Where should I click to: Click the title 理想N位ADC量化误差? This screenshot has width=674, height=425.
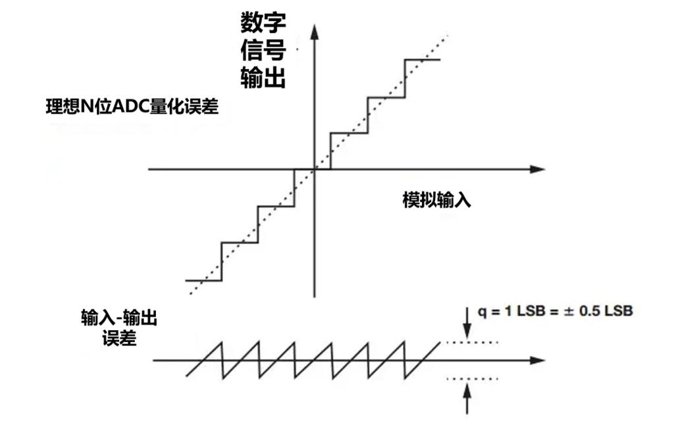[132, 107]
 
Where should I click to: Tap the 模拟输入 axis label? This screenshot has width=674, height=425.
[437, 200]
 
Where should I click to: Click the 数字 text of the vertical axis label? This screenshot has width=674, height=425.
[263, 22]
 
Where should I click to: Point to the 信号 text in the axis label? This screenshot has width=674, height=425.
[263, 50]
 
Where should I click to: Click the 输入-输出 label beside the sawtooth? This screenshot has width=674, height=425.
[119, 318]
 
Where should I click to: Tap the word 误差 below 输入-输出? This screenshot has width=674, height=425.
[119, 339]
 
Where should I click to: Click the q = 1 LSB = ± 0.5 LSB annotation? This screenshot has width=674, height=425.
[555, 311]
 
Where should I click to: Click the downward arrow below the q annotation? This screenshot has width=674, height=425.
[468, 322]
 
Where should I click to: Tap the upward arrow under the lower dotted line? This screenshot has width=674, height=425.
[468, 399]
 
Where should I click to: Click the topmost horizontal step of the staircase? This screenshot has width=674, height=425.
[422, 60]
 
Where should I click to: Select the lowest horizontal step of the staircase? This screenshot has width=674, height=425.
[203, 281]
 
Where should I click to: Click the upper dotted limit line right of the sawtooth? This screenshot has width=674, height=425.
[472, 343]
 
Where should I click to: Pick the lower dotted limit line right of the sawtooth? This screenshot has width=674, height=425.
[472, 379]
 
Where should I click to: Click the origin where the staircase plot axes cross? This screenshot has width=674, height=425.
[315, 169]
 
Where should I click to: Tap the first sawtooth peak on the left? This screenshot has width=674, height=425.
[222, 343]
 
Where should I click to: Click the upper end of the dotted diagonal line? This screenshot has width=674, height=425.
[448, 36]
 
